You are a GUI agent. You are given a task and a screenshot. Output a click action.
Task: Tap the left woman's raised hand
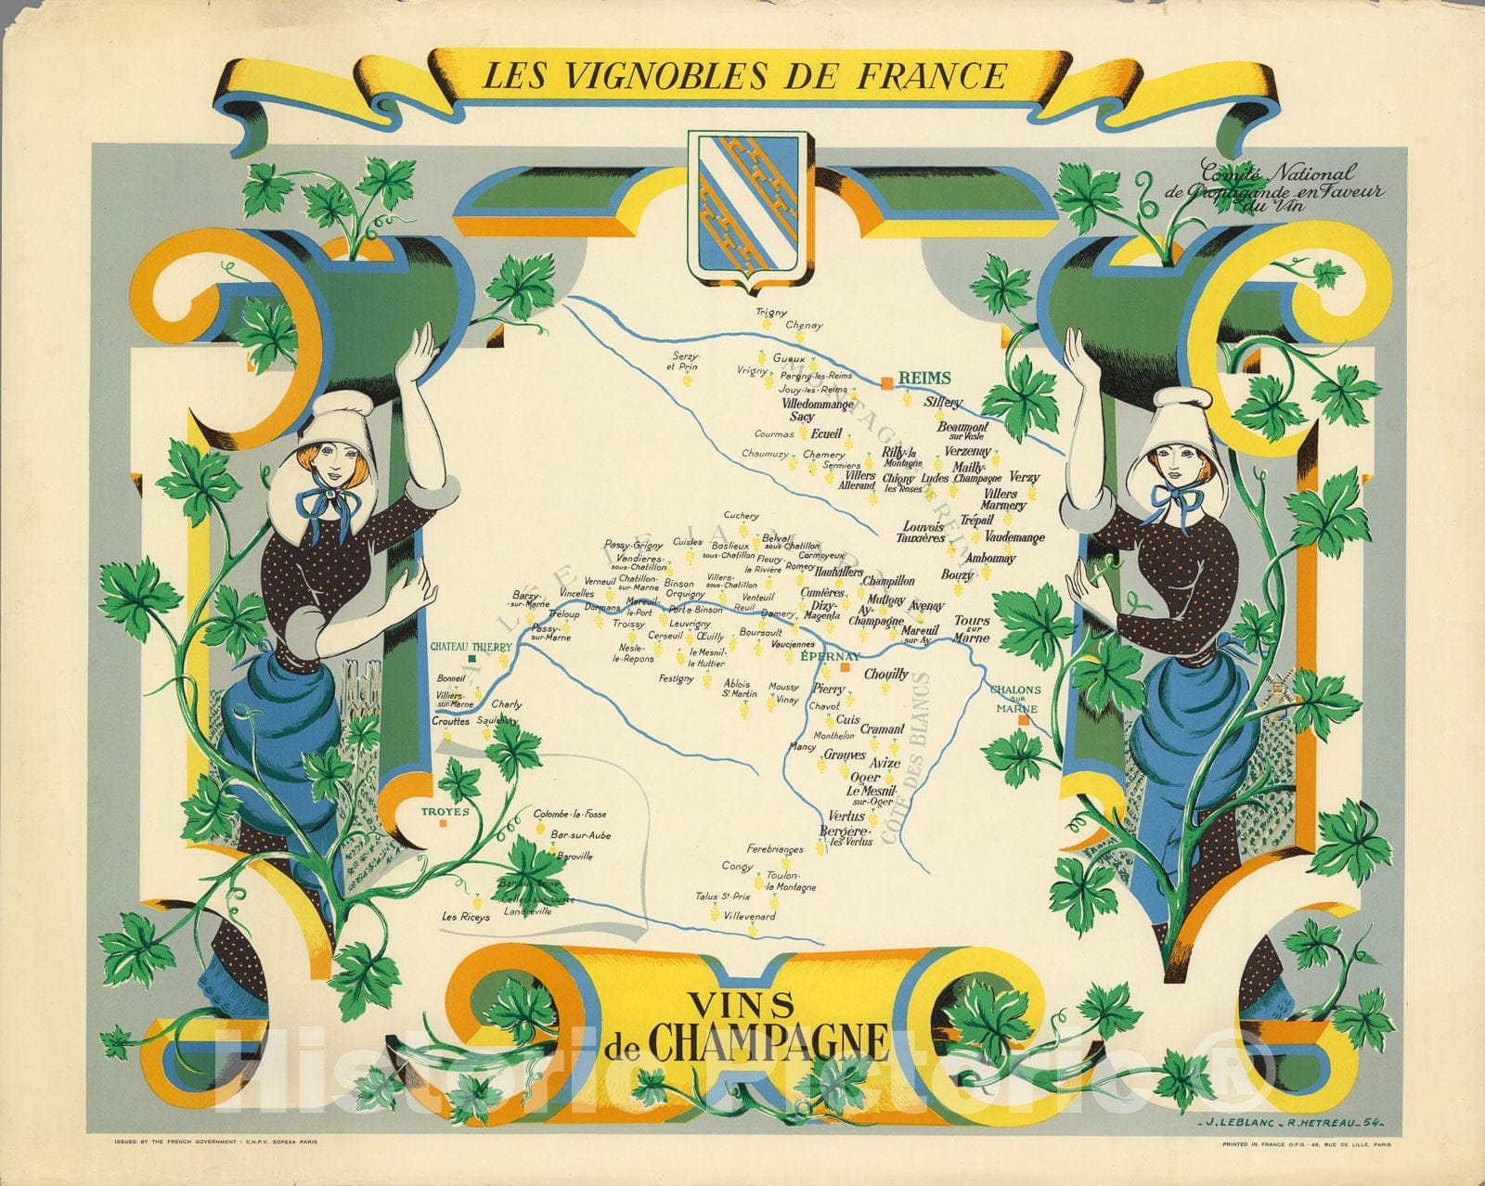[424, 353]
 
